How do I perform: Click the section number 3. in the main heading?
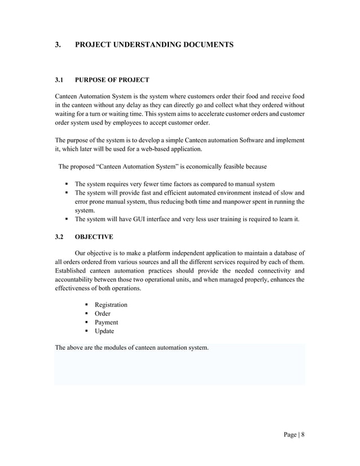(x=58, y=44)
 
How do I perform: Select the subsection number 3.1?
(x=59, y=80)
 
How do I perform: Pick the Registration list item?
(x=111, y=305)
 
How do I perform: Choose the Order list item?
(x=103, y=314)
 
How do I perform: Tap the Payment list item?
(x=106, y=322)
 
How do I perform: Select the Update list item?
(x=104, y=331)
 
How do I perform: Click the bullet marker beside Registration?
(x=87, y=305)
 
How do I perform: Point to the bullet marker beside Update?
(x=87, y=331)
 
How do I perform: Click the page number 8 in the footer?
(x=302, y=435)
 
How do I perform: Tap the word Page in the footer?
(x=291, y=435)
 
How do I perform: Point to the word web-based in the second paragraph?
(x=165, y=150)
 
